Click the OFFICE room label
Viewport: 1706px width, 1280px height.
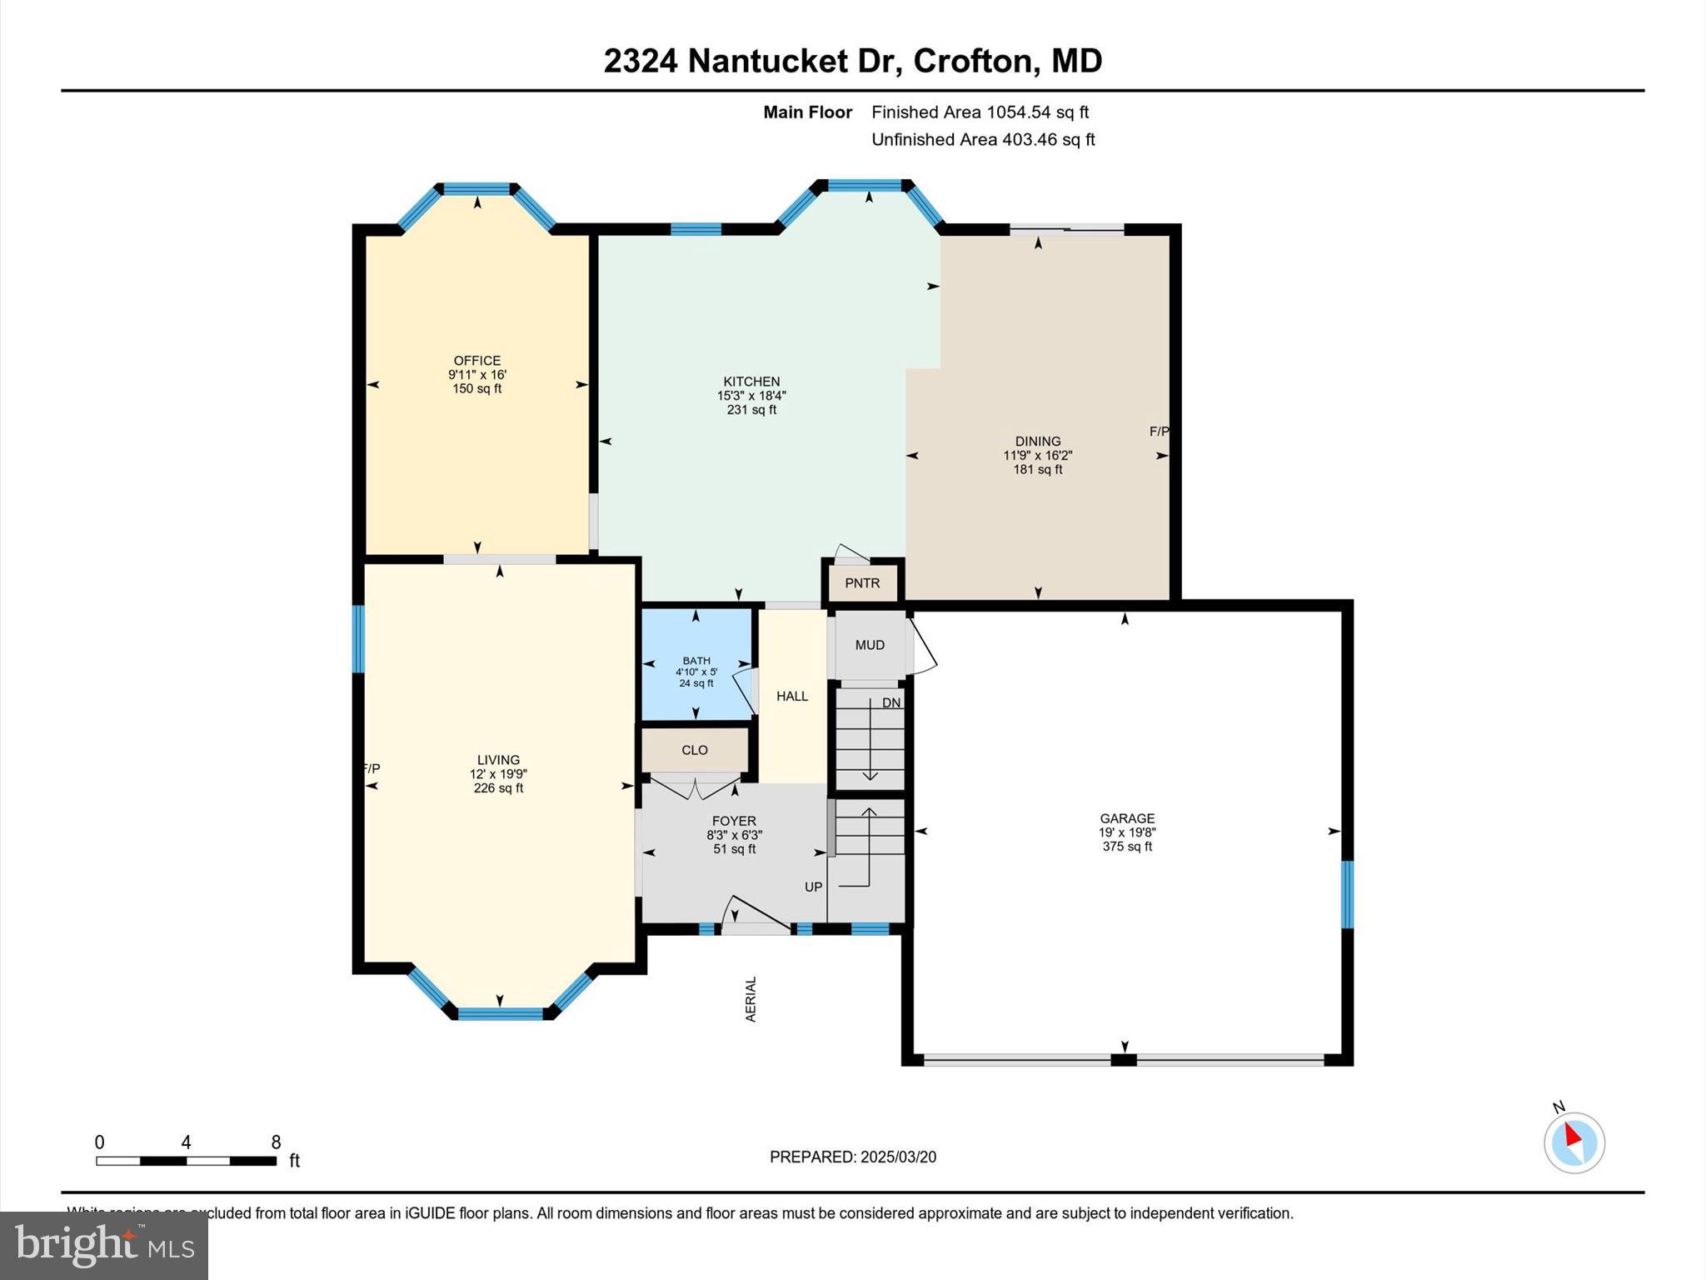(476, 361)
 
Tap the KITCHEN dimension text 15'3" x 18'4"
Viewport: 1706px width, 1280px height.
(751, 396)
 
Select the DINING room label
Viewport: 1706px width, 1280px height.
(1037, 441)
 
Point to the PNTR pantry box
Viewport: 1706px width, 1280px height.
(862, 582)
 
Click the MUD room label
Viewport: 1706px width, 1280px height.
(870, 645)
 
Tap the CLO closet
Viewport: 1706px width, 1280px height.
(695, 750)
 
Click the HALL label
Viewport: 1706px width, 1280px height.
(792, 696)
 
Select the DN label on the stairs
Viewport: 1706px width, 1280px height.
(891, 702)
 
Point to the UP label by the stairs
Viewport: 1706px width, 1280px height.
(813, 887)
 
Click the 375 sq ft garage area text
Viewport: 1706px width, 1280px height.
(1127, 847)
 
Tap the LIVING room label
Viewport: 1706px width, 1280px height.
(498, 759)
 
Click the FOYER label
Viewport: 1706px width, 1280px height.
(734, 821)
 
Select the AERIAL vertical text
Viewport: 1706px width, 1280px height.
(751, 998)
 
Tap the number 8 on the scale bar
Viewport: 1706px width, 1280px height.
(276, 1142)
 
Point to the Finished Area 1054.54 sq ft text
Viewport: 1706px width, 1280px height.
(980, 112)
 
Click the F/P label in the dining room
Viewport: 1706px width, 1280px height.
(1159, 431)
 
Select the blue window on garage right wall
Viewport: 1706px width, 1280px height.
(1346, 894)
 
